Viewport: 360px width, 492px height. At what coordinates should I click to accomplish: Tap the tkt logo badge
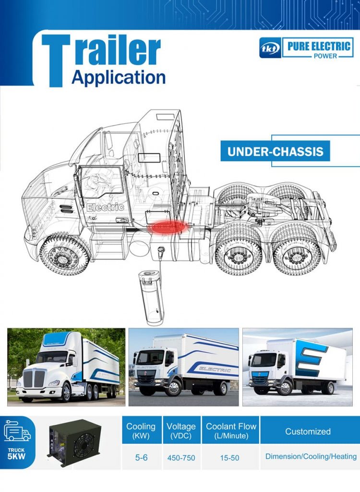coord(270,48)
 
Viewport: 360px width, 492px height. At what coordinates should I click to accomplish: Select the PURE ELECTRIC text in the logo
coord(319,47)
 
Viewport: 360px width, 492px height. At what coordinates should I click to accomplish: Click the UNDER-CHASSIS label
coord(275,152)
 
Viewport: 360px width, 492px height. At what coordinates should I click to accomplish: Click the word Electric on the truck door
coord(105,208)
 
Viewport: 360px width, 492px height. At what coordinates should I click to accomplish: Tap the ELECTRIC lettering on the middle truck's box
coord(215,370)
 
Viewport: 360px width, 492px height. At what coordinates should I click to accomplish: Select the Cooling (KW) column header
coord(141,430)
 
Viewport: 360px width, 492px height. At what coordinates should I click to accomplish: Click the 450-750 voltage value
coord(181,457)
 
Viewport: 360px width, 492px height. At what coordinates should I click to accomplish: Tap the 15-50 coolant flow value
coord(229,457)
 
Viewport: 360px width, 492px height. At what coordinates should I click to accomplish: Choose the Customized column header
coord(308,431)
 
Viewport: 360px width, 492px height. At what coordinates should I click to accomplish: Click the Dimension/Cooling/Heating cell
coord(311,456)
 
